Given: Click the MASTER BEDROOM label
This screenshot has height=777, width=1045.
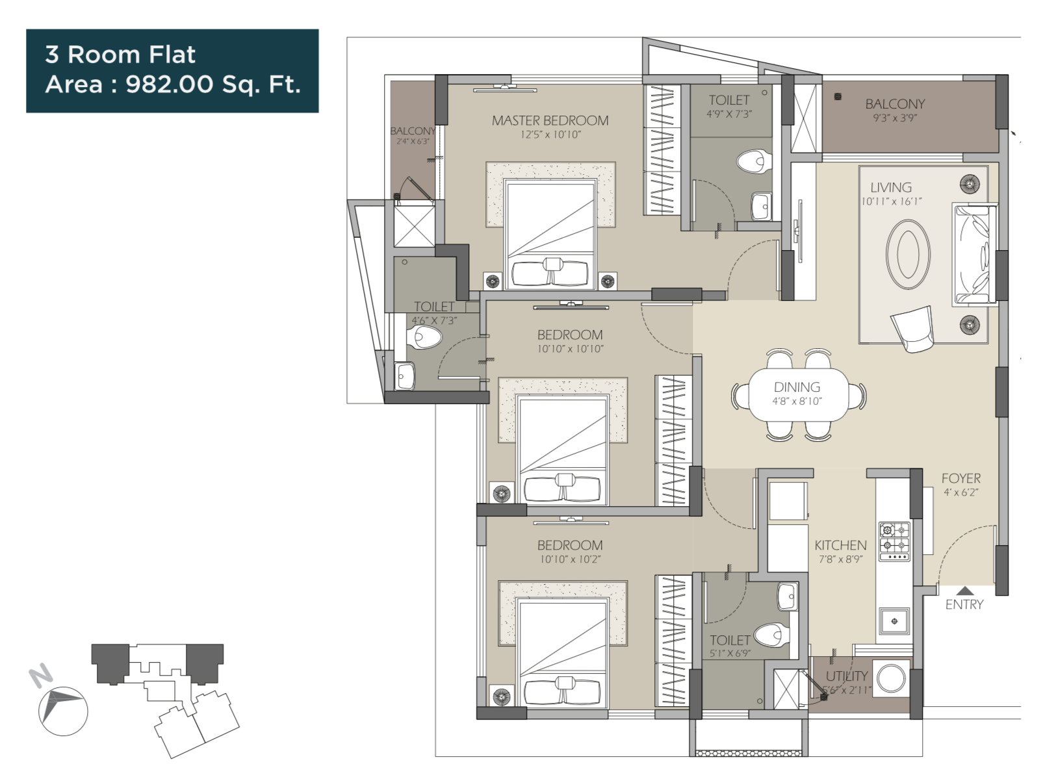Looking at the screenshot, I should click(x=550, y=120).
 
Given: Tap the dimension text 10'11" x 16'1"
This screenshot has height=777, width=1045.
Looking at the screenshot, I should click(x=891, y=202).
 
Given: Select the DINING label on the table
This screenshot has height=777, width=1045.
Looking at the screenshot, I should click(x=797, y=387).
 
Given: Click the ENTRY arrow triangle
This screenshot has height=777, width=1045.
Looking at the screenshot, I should click(x=965, y=591).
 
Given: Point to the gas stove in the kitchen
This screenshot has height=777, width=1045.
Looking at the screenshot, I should click(x=894, y=541).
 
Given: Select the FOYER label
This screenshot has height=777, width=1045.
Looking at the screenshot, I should click(x=961, y=478).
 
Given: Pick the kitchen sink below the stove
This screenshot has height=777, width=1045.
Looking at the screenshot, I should click(x=894, y=621).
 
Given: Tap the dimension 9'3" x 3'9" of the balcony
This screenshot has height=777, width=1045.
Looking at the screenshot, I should click(x=895, y=118).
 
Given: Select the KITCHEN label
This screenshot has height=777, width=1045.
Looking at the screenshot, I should click(x=840, y=545).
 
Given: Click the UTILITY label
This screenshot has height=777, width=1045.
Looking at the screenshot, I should click(x=846, y=676).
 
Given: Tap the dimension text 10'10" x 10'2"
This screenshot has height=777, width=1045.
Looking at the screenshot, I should click(x=570, y=559).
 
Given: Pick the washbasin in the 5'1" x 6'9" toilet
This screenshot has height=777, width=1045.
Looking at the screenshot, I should click(x=787, y=595).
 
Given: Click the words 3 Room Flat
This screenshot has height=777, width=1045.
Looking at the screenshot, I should click(x=120, y=55).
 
